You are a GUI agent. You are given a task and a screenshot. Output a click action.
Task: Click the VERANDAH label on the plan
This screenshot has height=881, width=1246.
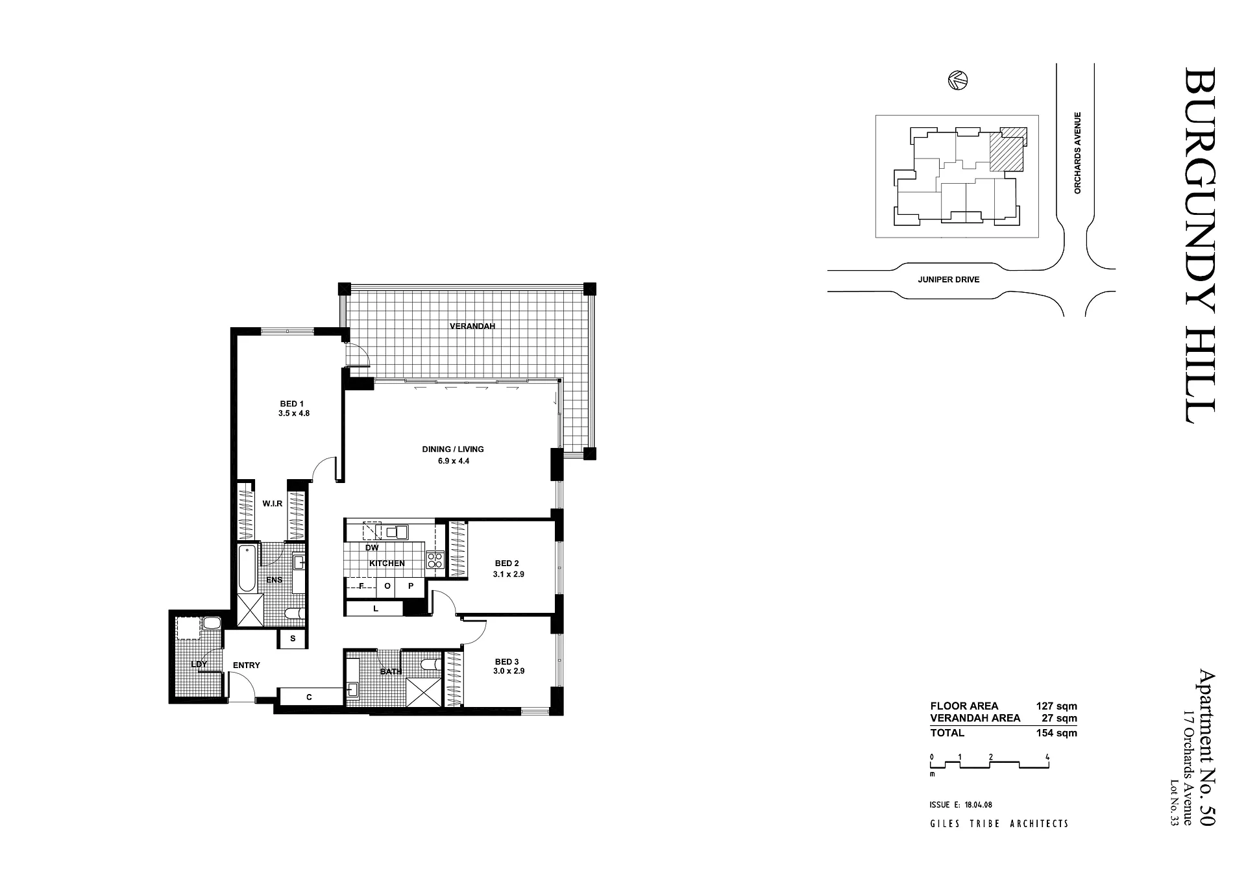click(472, 326)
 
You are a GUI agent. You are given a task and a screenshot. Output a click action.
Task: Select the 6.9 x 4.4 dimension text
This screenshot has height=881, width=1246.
click(454, 461)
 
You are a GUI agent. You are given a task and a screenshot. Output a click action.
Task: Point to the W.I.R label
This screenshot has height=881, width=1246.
click(272, 503)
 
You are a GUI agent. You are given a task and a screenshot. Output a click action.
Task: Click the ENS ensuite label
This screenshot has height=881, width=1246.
click(274, 580)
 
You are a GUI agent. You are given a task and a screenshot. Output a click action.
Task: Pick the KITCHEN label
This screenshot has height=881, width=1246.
click(387, 563)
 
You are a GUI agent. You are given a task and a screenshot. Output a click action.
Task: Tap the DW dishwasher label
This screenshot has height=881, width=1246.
click(372, 548)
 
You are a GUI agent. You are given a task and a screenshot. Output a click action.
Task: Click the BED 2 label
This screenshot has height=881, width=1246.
click(507, 563)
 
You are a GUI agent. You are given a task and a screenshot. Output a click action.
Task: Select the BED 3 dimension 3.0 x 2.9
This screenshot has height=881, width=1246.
click(508, 671)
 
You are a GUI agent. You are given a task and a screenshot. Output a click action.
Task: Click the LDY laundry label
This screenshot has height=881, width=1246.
click(199, 664)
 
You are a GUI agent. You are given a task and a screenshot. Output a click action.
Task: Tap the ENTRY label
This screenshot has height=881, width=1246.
click(246, 665)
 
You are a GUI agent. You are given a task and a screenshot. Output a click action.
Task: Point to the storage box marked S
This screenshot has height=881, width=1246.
click(293, 639)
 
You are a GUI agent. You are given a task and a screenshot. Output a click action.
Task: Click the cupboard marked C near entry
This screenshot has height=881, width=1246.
click(310, 697)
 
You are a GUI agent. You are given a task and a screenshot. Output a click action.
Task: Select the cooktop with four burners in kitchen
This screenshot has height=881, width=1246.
click(435, 560)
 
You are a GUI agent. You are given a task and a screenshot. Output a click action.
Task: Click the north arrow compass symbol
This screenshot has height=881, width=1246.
click(958, 81)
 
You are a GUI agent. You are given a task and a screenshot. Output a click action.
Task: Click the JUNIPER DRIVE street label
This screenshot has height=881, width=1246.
click(948, 280)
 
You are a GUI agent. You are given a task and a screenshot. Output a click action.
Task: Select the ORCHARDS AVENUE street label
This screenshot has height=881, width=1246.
click(1077, 153)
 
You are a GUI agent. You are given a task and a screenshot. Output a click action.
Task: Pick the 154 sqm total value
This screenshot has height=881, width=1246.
click(1057, 733)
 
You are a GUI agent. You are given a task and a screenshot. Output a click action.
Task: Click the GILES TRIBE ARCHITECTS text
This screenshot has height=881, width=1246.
click(999, 824)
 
